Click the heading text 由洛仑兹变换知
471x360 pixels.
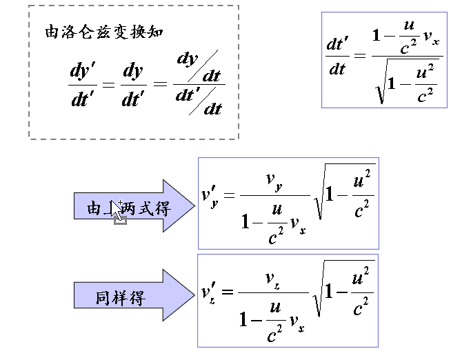[x=104, y=32]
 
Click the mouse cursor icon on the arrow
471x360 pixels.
[x=119, y=211]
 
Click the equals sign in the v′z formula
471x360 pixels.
[x=228, y=290]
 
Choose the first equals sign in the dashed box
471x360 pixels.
[x=108, y=85]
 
